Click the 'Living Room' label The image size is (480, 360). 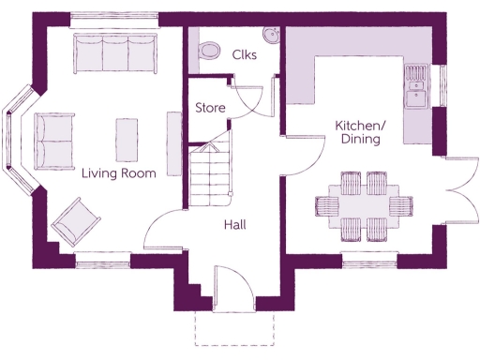[118, 172]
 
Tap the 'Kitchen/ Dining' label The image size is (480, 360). [360, 132]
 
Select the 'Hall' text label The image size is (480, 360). [234, 225]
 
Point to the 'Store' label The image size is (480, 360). [210, 108]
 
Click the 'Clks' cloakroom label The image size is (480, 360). [245, 54]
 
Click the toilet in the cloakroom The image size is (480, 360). [209, 48]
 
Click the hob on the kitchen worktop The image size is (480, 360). [416, 71]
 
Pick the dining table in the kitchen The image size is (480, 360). [364, 203]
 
